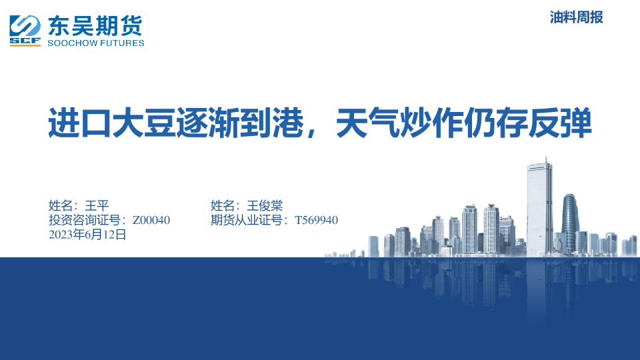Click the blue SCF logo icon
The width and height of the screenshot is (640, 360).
[x=25, y=30]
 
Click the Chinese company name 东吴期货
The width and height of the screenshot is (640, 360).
[x=95, y=26]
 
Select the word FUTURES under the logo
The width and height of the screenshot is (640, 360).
[x=120, y=43]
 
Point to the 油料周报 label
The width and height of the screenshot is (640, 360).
[x=576, y=17]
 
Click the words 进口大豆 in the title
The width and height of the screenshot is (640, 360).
[x=111, y=123]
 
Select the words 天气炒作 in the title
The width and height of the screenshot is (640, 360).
[x=399, y=123]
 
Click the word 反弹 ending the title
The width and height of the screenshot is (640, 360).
[x=560, y=123]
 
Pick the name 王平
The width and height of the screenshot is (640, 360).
[x=97, y=205]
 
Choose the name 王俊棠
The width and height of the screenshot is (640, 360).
[x=265, y=205]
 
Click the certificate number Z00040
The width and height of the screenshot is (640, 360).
[x=151, y=220]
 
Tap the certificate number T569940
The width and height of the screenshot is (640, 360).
[x=316, y=220]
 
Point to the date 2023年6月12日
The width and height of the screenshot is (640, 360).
[x=87, y=235]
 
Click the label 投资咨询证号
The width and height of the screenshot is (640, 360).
[x=85, y=220]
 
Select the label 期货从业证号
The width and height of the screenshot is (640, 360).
[x=247, y=220]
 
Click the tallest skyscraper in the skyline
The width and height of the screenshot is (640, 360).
[x=539, y=208]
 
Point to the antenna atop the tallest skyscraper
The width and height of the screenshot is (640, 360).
[x=546, y=160]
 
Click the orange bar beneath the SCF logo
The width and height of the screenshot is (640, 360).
[x=25, y=45]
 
